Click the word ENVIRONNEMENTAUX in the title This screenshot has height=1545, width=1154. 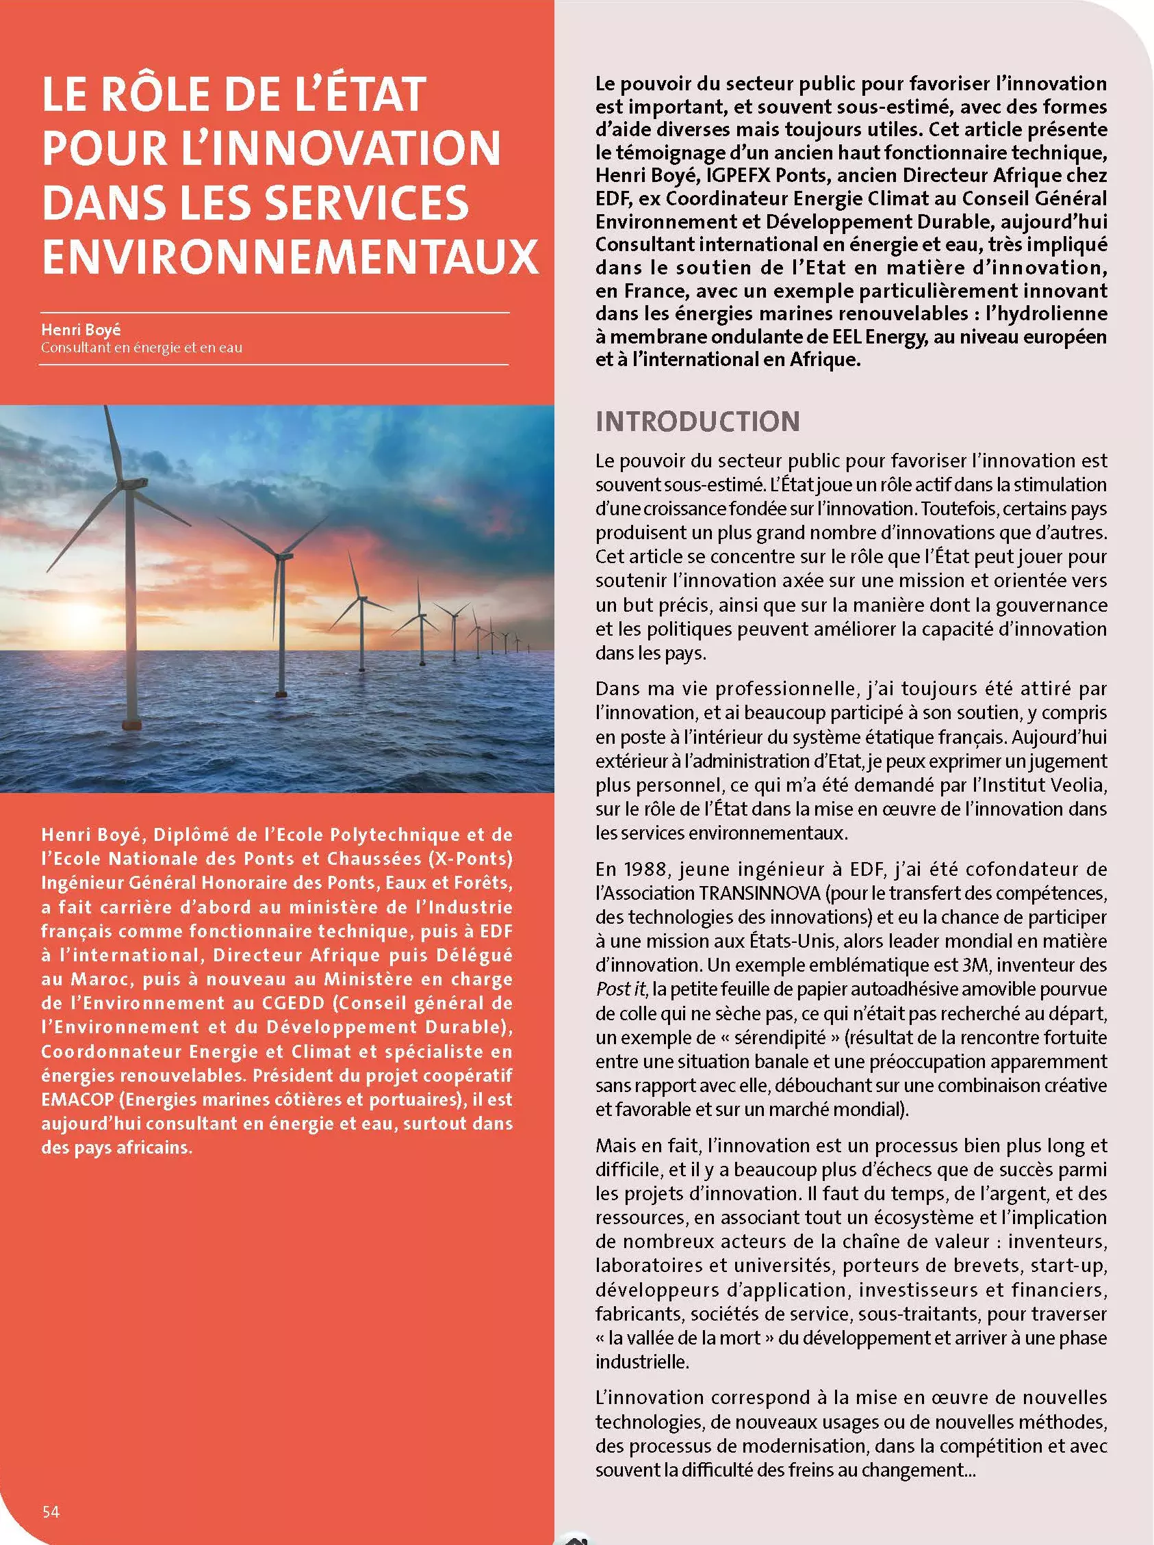pyautogui.click(x=290, y=256)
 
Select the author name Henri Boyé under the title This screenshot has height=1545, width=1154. pyautogui.click(x=80, y=330)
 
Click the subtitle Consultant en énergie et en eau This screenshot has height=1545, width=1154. pyautogui.click(x=141, y=348)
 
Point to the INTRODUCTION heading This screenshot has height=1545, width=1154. pyautogui.click(x=697, y=421)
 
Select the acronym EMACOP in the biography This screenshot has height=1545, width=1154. pyautogui.click(x=77, y=1100)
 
